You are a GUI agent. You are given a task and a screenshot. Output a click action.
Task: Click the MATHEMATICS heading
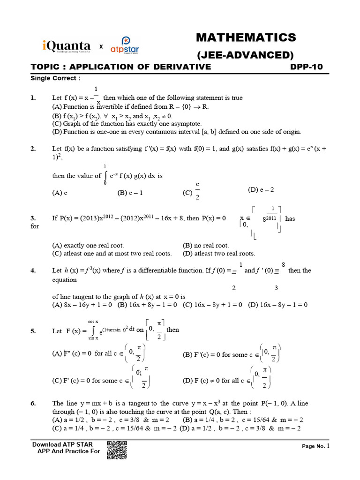click(246, 37)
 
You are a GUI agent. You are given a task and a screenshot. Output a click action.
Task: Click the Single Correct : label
click(55, 78)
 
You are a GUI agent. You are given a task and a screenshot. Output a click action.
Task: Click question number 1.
click(33, 98)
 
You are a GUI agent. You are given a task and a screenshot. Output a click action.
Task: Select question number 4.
click(33, 270)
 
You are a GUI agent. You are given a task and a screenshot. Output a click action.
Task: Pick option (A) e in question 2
click(60, 193)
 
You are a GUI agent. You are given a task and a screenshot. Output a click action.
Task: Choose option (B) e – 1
click(130, 193)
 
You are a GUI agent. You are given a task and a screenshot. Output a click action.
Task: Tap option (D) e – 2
click(261, 190)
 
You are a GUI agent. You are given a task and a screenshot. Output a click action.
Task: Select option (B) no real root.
click(205, 245)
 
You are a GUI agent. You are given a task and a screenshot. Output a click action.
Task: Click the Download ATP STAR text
click(62, 444)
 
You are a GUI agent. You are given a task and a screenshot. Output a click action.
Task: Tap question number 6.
click(33, 403)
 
